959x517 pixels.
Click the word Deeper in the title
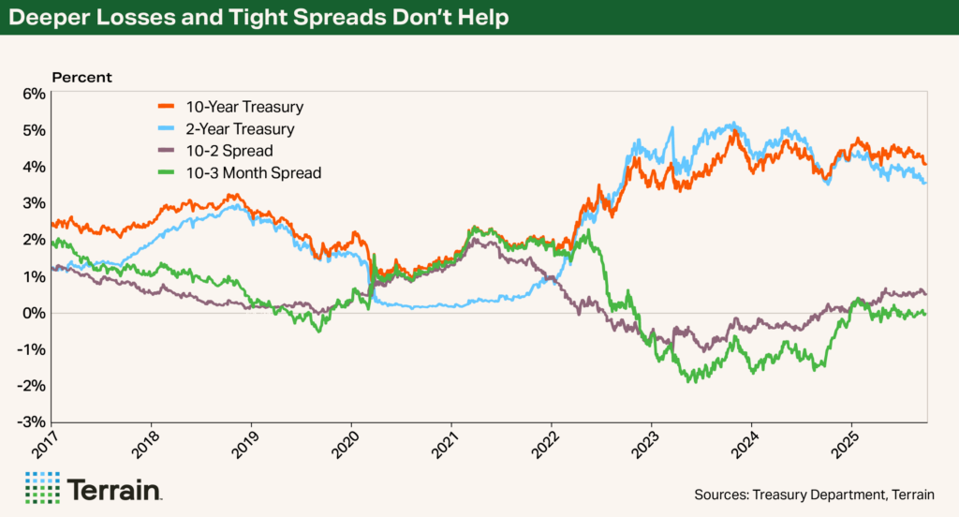[x=44, y=19]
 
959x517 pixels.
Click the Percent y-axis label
[x=81, y=77]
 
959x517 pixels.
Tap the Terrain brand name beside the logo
[x=114, y=489]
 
